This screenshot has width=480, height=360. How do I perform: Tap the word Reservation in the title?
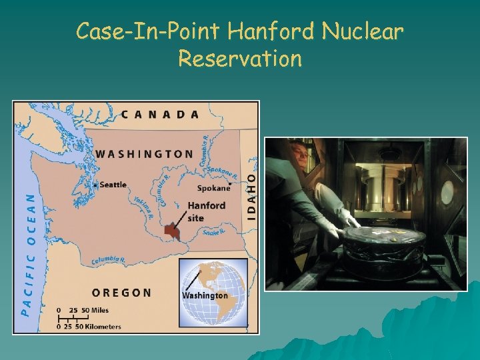tap(240, 59)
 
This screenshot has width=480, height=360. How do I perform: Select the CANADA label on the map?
tap(160, 114)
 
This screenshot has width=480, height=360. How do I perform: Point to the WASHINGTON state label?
tap(144, 154)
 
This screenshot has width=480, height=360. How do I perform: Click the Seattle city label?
tap(113, 185)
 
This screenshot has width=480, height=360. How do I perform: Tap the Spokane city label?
tap(213, 188)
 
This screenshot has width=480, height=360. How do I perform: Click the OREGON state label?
tap(121, 293)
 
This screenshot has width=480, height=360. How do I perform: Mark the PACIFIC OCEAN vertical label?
tap(27, 253)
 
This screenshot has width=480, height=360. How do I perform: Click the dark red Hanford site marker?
tap(173, 231)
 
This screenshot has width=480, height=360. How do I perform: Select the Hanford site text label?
tap(206, 211)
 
